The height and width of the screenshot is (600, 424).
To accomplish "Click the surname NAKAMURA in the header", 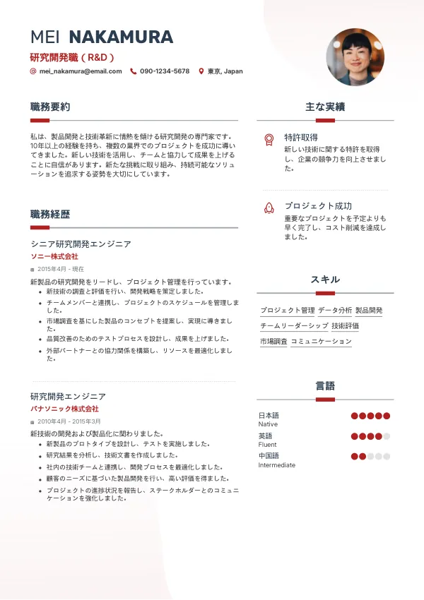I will click(x=121, y=37).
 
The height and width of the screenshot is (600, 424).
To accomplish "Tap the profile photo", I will click(x=355, y=57).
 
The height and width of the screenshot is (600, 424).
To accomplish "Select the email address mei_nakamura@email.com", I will click(x=81, y=71).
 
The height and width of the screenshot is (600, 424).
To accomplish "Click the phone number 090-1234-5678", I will click(x=165, y=71).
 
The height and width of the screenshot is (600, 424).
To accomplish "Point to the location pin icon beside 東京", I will click(x=201, y=71).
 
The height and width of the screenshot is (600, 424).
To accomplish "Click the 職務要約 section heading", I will click(x=50, y=107).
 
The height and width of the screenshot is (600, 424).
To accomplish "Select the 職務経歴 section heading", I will click(x=50, y=215).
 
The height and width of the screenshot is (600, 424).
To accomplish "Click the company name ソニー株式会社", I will click(x=54, y=256).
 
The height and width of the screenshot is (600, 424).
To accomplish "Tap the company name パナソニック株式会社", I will click(x=64, y=409).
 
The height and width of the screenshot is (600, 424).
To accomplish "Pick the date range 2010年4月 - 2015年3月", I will click(x=69, y=421).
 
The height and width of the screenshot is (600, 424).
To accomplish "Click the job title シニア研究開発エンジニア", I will click(x=81, y=244).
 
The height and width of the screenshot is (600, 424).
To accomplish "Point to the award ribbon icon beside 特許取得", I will click(x=269, y=139).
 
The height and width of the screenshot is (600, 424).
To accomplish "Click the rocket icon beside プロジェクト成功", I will click(x=269, y=208).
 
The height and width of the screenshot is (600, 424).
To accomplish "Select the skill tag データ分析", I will click(x=335, y=311).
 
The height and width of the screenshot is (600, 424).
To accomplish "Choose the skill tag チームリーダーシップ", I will click(x=294, y=326).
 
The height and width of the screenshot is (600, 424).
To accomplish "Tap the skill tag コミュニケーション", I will click(x=321, y=342).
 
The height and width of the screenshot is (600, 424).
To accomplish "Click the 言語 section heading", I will click(x=325, y=386).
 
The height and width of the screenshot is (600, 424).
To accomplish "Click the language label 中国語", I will click(x=269, y=456).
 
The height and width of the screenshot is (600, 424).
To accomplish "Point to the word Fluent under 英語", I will click(x=268, y=445).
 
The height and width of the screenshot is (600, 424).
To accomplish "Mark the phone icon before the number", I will click(x=134, y=71).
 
